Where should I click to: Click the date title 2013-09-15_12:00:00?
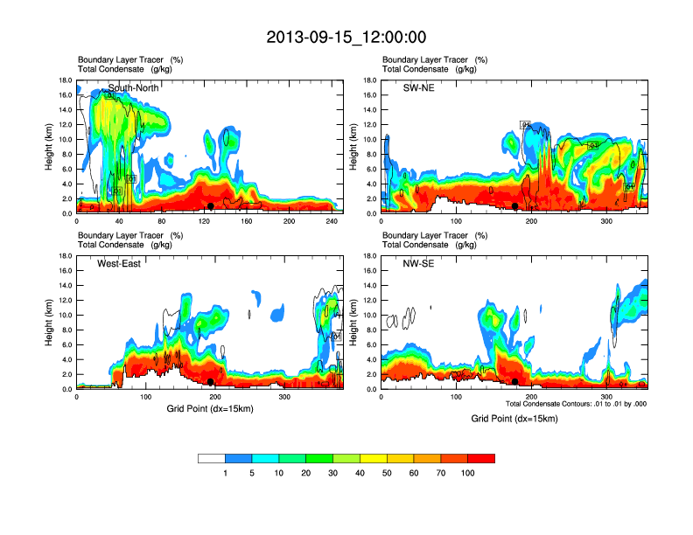coord(346,38)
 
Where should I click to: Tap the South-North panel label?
coord(130,87)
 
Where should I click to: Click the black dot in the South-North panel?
coord(211,205)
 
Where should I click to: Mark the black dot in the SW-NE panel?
coord(515,205)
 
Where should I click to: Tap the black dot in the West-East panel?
coord(211,382)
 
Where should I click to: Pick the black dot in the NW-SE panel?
coord(515,382)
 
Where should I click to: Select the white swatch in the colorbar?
coord(212,458)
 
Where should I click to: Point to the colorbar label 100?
coord(468,473)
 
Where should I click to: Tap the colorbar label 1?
coord(225,473)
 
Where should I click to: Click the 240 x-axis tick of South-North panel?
coord(331,222)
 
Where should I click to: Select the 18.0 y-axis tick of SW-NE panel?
coord(369,80)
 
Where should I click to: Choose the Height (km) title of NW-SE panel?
coord(354,323)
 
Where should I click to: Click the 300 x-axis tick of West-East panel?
coord(284,398)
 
